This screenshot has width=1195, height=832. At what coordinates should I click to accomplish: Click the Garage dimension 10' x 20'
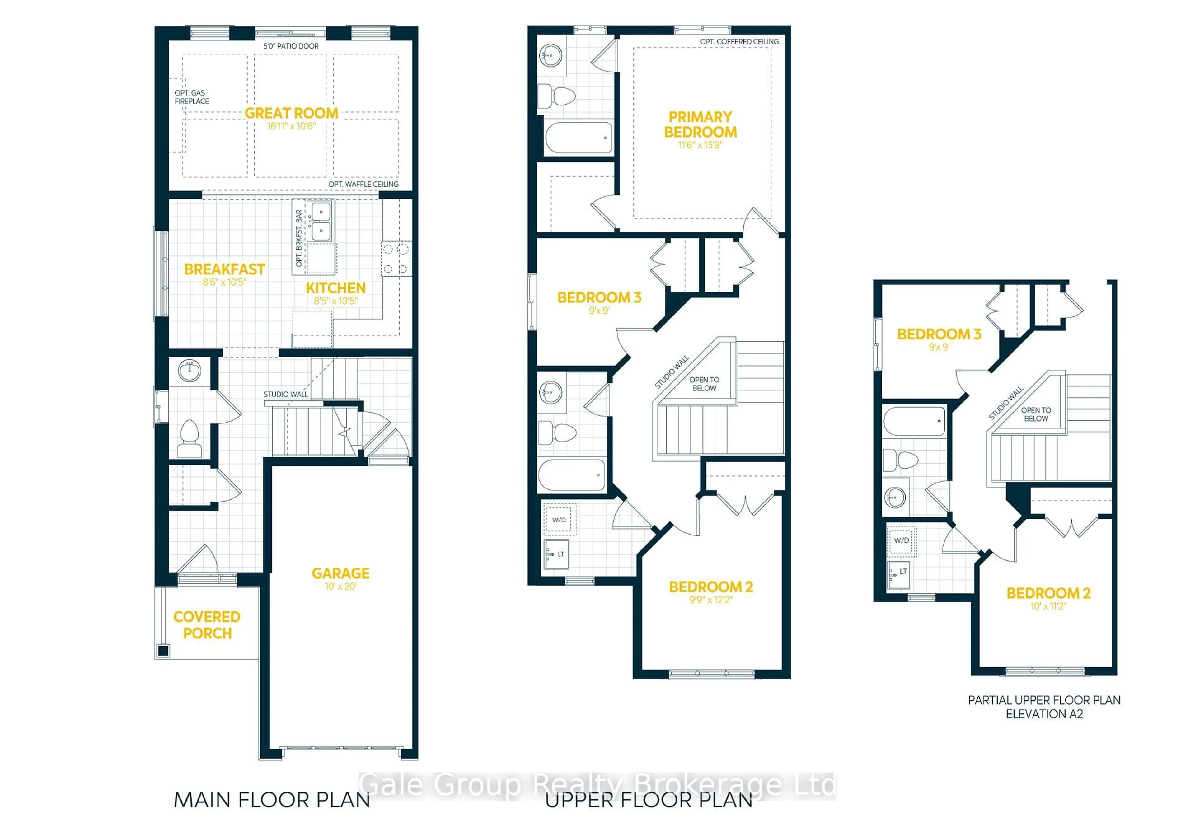[x=340, y=587]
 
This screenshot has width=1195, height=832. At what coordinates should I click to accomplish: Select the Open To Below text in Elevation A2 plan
[x=1036, y=414]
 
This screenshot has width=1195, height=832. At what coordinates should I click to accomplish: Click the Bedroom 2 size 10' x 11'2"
[x=1048, y=606]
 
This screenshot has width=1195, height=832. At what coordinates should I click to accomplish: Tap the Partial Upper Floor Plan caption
[x=1044, y=700]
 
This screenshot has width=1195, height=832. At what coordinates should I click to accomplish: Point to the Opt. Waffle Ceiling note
[x=363, y=184]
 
